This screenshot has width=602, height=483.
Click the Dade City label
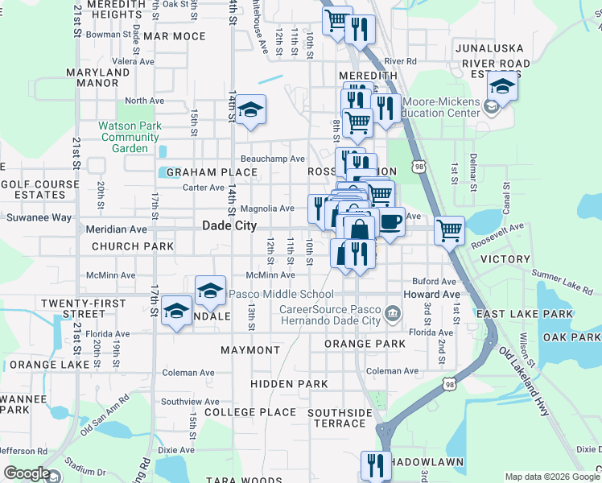[x=229, y=226]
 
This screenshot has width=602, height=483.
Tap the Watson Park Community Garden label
[x=130, y=137]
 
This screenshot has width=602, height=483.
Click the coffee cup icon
[x=390, y=222]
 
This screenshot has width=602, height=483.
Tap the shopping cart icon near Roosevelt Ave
[x=449, y=231]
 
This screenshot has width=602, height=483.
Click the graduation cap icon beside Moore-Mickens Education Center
[x=502, y=86]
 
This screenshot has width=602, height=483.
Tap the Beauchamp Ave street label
[x=273, y=159]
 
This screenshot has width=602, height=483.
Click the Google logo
[x=26, y=473]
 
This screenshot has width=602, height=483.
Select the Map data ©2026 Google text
[x=552, y=477]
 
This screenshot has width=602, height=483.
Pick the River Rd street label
[x=400, y=61]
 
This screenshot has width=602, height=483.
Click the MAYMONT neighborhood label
[x=249, y=351]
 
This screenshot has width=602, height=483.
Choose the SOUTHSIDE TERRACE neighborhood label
[x=340, y=418]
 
